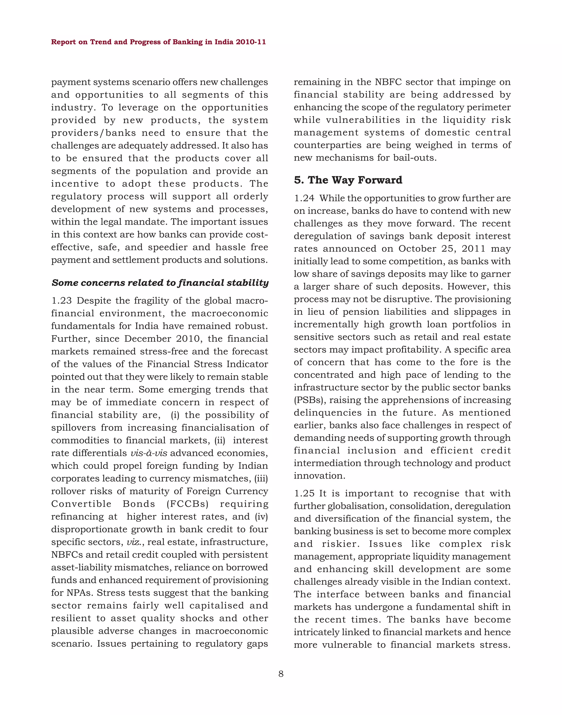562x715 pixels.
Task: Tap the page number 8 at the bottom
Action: (281, 674)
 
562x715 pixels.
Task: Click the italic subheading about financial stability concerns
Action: (160, 283)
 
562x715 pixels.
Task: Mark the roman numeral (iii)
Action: (261, 478)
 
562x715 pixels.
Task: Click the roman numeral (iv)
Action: (262, 517)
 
